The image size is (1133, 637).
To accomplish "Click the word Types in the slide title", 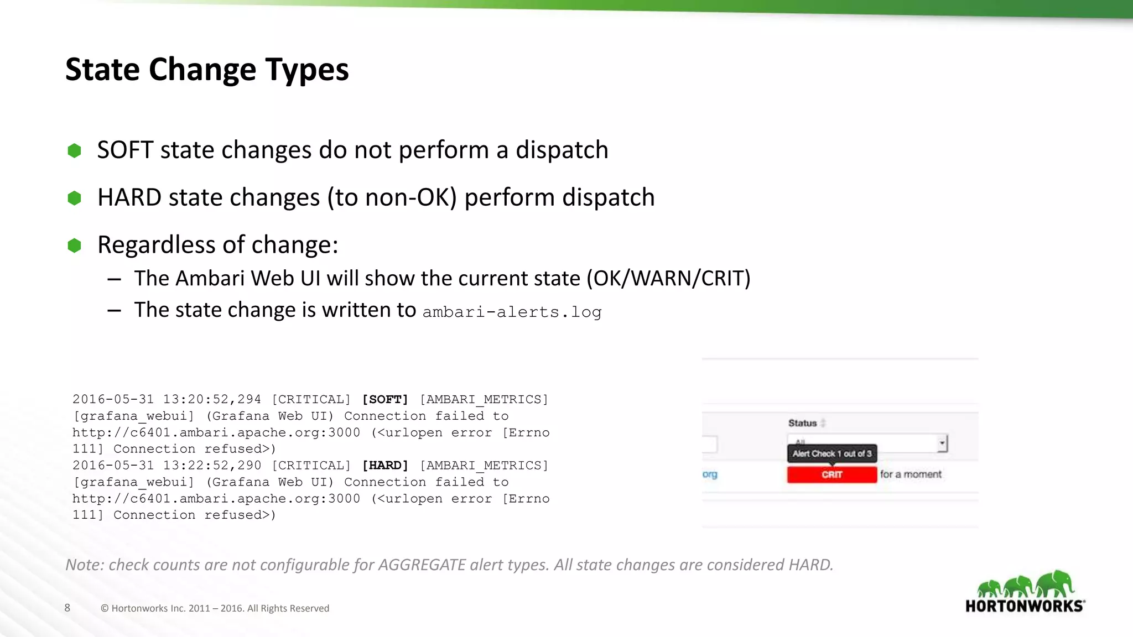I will point(306,70).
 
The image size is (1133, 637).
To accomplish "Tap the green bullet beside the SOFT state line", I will point(74,150).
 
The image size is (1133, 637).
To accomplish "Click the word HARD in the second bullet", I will point(129,197).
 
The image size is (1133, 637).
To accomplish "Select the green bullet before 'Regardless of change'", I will point(74,245).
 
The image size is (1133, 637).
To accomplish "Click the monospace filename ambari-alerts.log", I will point(512,312).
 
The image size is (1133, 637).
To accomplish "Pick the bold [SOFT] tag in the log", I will point(385,399).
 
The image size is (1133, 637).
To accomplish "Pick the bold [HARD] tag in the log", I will point(385,466).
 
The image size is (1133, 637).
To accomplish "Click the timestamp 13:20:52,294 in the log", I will point(212,399).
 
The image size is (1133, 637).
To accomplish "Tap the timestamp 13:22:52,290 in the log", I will point(212,466).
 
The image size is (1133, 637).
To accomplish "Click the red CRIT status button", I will point(831,474).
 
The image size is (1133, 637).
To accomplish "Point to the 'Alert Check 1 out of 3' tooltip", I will point(831,453).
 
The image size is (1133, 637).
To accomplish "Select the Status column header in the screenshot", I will point(803,423).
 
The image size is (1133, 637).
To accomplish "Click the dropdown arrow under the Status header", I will point(942,443).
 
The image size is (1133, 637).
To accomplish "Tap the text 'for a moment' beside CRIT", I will point(911,474).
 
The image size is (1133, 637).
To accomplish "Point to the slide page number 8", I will point(67,608).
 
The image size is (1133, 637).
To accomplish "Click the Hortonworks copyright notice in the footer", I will point(215,608).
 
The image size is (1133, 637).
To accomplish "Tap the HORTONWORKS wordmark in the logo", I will point(1025,606).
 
